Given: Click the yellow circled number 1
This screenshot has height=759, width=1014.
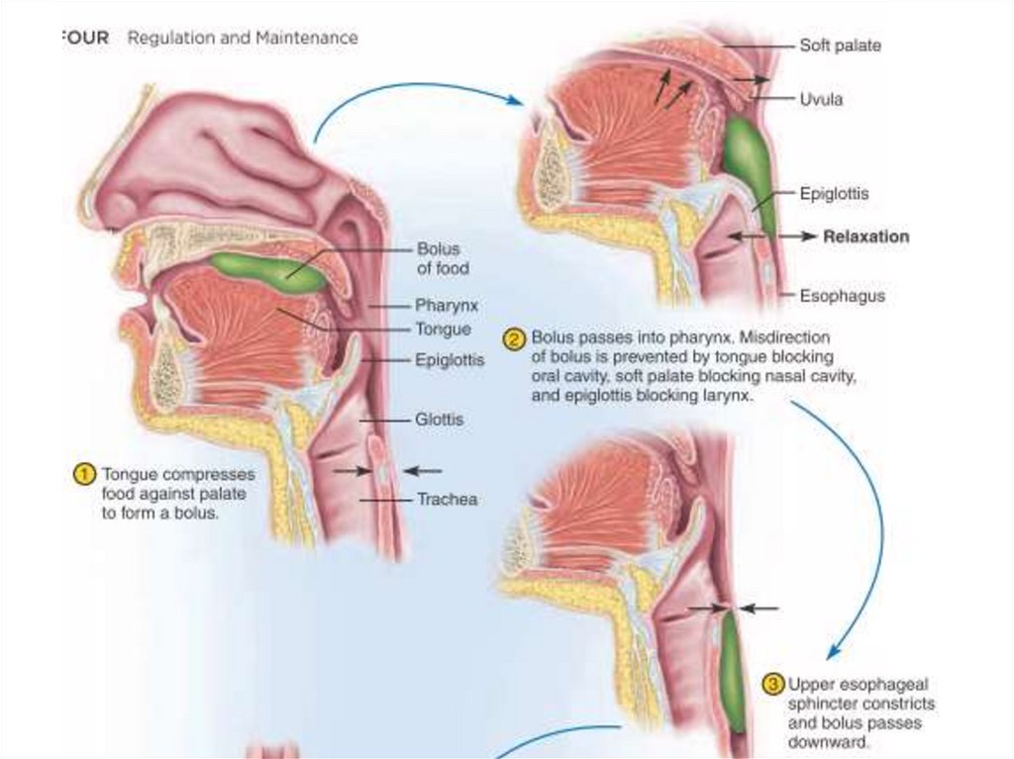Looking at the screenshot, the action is (86, 474).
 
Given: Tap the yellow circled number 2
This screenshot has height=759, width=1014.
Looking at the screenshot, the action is (515, 339).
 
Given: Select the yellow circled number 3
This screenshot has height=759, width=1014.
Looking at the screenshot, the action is (773, 684).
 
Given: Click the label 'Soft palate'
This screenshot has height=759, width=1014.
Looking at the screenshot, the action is (840, 46).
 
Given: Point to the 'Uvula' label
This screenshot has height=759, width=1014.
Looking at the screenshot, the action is (821, 99).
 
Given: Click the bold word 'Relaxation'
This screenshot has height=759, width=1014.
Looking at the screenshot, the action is (865, 237).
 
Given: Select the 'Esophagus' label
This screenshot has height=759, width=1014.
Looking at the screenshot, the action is (842, 295).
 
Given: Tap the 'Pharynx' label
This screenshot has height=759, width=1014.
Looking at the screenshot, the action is (446, 306).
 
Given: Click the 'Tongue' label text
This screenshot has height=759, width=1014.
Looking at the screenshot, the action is (444, 330).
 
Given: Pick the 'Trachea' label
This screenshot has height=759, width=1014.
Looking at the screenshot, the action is (447, 500).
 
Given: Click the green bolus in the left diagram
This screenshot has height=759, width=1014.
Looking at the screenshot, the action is (268, 271).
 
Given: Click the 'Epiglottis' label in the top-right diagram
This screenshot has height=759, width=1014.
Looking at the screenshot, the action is (834, 194).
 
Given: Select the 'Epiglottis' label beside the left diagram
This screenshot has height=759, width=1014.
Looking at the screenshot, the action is (451, 360).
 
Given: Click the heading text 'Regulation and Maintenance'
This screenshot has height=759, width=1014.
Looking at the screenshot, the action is (242, 39).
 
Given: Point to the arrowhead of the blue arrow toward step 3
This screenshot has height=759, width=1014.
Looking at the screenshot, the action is (833, 652).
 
